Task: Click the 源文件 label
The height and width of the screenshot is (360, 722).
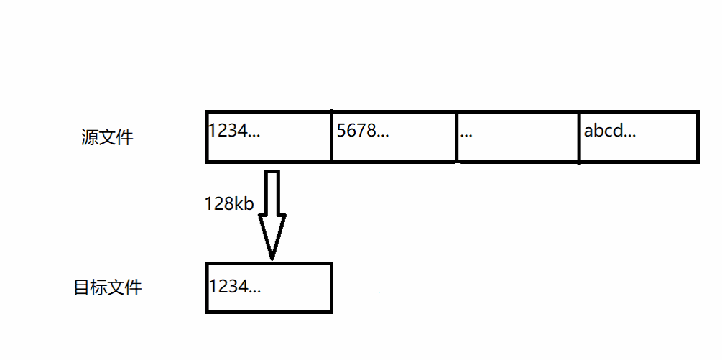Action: [108, 137]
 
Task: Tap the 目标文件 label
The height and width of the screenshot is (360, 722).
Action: [108, 288]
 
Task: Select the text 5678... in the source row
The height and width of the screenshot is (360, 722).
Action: [363, 131]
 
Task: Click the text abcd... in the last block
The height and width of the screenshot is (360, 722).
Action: [610, 131]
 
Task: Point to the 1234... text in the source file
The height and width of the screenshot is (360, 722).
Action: [234, 131]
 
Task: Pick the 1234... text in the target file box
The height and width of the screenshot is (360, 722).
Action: [234, 286]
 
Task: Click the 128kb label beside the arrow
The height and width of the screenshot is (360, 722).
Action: [229, 204]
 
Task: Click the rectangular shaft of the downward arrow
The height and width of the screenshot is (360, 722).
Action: [272, 193]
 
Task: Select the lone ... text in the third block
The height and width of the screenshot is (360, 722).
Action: [466, 134]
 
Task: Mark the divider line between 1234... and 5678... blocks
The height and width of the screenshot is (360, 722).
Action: [331, 137]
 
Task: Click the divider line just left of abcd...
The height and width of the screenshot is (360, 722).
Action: [579, 137]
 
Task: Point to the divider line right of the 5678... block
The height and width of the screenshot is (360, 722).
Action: [456, 137]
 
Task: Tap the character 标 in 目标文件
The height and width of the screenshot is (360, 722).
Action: [99, 288]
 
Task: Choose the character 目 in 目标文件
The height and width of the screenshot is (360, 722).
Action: [82, 288]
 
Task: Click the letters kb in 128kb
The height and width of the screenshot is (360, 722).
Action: [244, 204]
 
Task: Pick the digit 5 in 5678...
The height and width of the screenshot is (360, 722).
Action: [341, 131]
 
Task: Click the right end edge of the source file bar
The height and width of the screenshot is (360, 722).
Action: [697, 137]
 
